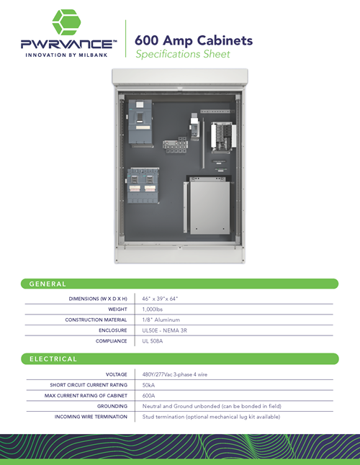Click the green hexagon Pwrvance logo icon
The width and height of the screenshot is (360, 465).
[x=66, y=22]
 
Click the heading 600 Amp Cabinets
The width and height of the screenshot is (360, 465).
[x=194, y=40]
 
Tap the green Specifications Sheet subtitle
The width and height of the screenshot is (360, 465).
[x=183, y=54]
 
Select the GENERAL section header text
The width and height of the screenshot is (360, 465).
[x=48, y=284]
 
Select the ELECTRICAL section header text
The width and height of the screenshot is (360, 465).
[x=53, y=359]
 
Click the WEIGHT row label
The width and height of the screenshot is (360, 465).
[x=117, y=310]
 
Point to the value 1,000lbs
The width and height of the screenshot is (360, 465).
[x=153, y=310]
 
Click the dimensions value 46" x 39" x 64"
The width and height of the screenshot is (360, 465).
[x=160, y=299]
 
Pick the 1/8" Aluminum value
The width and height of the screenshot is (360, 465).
[x=161, y=320]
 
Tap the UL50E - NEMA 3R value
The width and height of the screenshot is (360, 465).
[x=165, y=330]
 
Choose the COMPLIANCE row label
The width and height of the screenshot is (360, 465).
[x=111, y=341]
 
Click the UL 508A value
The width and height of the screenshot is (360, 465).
[x=153, y=341]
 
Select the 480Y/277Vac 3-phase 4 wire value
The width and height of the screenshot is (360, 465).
[x=175, y=374]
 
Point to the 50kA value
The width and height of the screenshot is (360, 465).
[x=148, y=385]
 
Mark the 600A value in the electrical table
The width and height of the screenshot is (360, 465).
[x=148, y=396]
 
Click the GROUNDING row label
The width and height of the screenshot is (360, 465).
[x=112, y=406]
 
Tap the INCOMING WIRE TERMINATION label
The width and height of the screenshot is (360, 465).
[x=91, y=417]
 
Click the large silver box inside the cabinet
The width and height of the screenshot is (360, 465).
[x=210, y=207]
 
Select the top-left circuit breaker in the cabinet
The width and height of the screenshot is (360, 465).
[x=140, y=123]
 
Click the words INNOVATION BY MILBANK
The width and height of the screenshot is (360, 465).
[x=66, y=55]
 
